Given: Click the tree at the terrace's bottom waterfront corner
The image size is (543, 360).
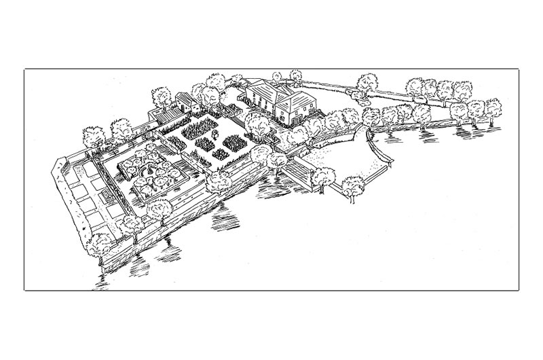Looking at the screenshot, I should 102,242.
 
